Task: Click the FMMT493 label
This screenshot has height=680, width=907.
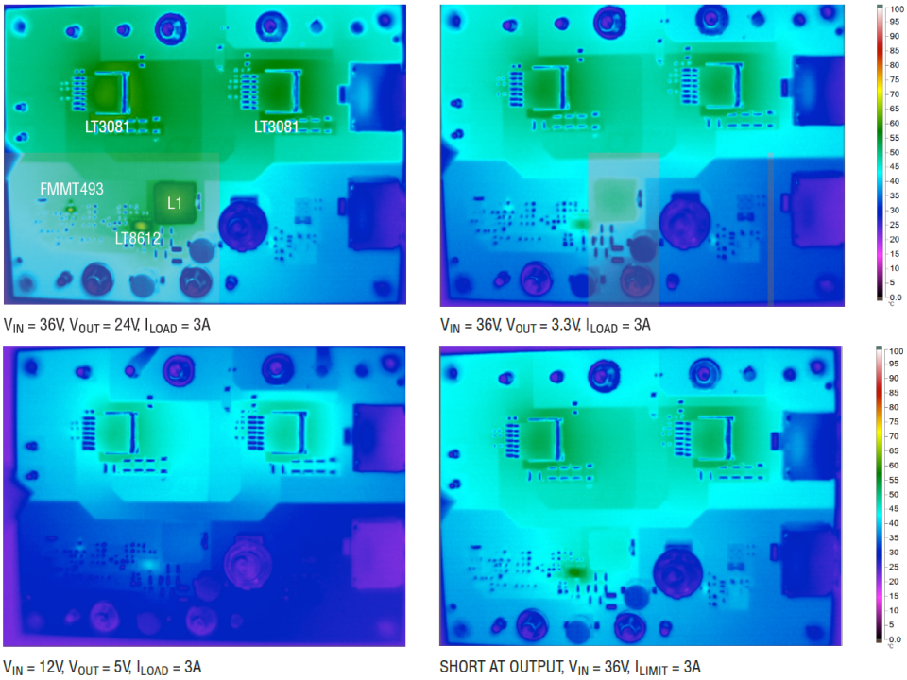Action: pos(72,189)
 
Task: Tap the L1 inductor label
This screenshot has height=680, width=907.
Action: pos(175,203)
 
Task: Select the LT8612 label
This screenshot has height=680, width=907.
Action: pos(138,238)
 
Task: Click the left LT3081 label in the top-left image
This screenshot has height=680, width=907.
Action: pos(108,127)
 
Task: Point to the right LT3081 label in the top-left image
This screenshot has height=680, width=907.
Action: pos(277,127)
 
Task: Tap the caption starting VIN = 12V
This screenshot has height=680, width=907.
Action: pos(102,668)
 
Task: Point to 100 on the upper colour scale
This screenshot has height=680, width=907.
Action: pos(897,8)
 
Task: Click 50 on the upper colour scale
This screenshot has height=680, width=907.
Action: pos(895,152)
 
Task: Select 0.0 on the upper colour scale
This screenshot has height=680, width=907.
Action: pos(896,297)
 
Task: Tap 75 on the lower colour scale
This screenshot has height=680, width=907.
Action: pos(895,421)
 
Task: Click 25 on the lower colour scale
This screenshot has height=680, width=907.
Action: pos(895,567)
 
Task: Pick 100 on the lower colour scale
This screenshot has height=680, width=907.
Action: pos(897,351)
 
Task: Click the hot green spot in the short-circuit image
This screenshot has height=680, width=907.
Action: pos(575,572)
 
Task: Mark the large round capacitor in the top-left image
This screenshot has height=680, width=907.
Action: pos(244,225)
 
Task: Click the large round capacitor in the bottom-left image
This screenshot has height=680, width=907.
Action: pos(248,565)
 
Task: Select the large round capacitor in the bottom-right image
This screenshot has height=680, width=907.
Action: pos(677,569)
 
